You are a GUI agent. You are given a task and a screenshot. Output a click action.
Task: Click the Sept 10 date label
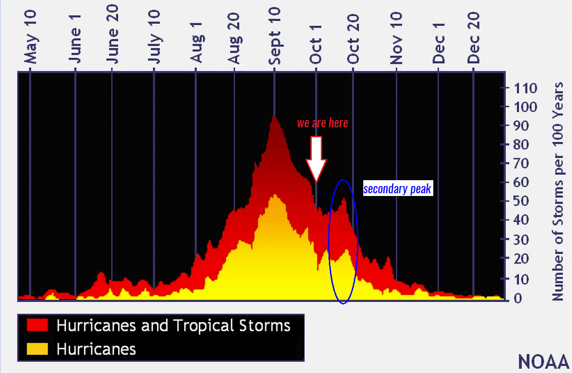pyautogui.click(x=274, y=37)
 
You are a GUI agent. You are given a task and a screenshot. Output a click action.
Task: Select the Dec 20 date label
pyautogui.click(x=474, y=39)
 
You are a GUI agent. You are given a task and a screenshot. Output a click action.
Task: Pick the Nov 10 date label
pyautogui.click(x=396, y=38)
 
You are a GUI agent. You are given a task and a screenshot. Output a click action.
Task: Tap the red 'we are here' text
pyautogui.click(x=323, y=123)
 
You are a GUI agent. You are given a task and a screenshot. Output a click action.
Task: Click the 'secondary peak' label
pyautogui.click(x=397, y=189)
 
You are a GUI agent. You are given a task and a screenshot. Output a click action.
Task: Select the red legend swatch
pyautogui.click(x=38, y=325)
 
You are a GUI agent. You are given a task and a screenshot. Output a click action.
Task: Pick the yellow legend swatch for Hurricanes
pyautogui.click(x=38, y=349)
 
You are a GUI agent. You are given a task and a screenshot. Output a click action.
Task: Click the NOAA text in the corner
pyautogui.click(x=544, y=362)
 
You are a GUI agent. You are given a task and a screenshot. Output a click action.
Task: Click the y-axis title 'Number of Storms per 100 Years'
pyautogui.click(x=558, y=191)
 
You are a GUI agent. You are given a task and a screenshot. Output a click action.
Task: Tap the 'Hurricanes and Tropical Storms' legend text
pyautogui.click(x=173, y=325)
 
